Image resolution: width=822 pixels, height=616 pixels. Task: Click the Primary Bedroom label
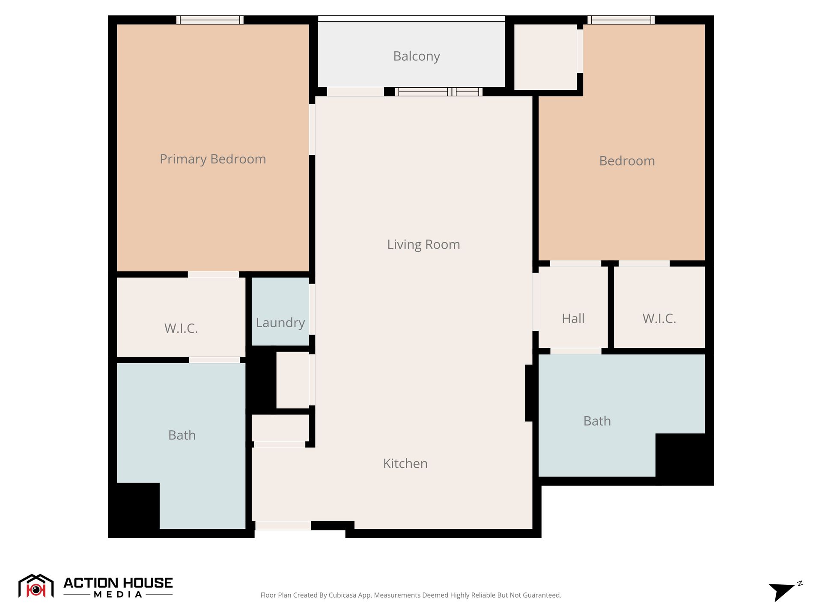(213, 159)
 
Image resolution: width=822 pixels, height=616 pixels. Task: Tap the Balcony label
(417, 56)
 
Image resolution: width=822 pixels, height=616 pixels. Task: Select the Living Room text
(423, 244)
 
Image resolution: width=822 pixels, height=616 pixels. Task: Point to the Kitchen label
(405, 463)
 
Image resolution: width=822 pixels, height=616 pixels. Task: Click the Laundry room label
(280, 323)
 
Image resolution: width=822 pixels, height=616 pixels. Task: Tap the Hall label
(573, 318)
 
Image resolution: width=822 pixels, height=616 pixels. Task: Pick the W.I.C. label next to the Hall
(659, 318)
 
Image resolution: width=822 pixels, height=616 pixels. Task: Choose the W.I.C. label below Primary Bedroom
(181, 328)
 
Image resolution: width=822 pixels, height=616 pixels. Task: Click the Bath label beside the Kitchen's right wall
(597, 421)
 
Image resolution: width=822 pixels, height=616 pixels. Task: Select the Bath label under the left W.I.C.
(182, 435)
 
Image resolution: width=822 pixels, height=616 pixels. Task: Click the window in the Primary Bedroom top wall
(210, 20)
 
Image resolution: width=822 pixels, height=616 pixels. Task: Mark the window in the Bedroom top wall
(621, 20)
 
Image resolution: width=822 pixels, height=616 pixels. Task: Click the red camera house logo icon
(36, 586)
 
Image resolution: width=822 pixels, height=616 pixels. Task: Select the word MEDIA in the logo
(118, 595)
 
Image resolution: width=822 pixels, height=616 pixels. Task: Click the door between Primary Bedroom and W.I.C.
(213, 274)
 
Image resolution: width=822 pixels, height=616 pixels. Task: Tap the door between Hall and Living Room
(535, 302)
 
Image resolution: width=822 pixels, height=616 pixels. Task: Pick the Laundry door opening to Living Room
(312, 309)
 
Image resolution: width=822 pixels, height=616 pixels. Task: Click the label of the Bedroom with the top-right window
(627, 161)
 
